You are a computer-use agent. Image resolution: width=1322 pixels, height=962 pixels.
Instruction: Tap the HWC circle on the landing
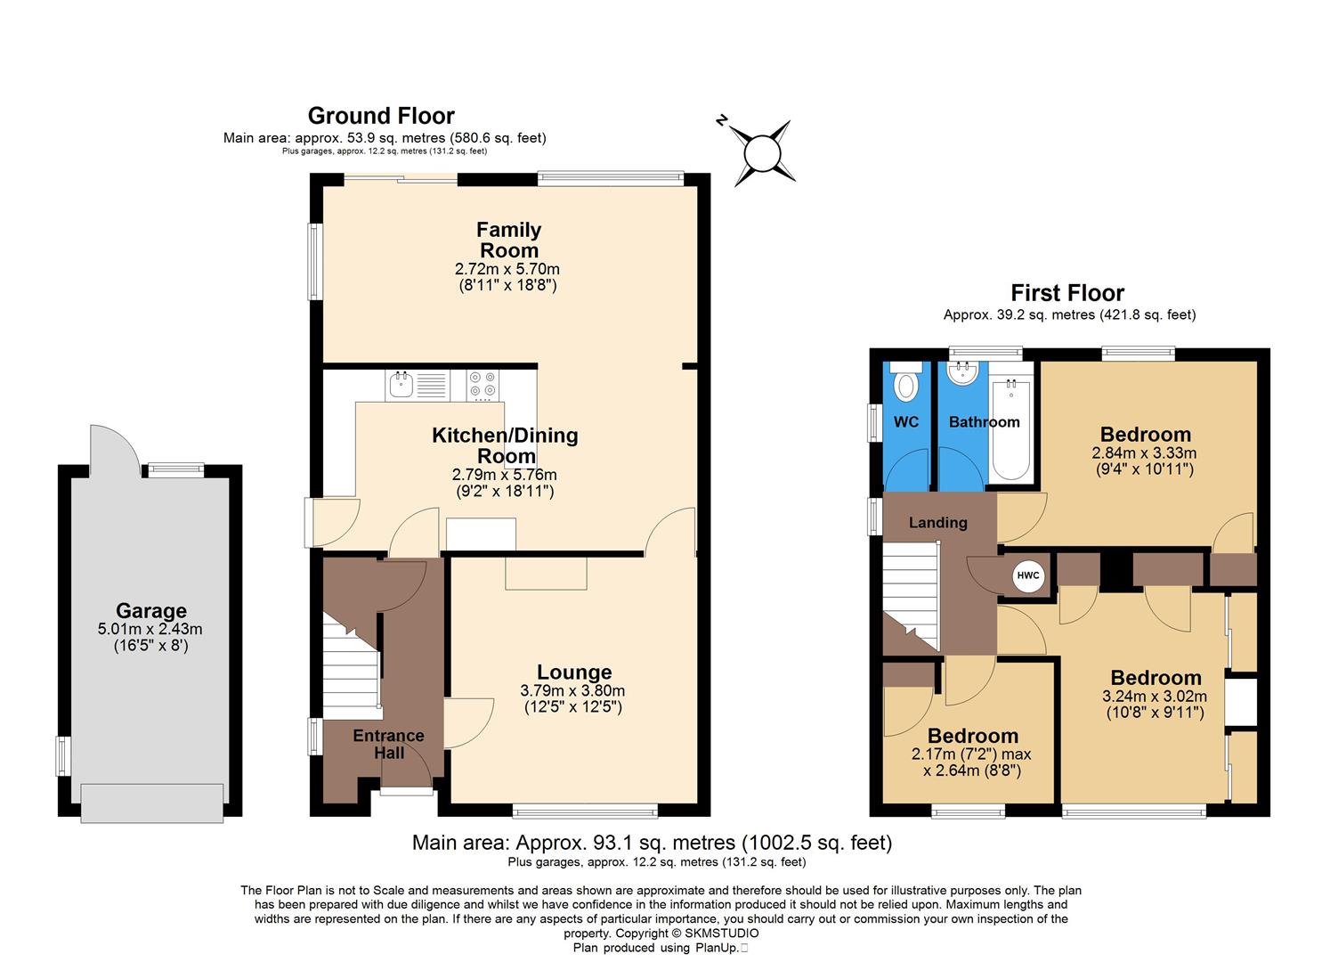click(x=1027, y=575)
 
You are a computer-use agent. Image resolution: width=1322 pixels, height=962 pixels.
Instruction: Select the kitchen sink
click(x=401, y=386)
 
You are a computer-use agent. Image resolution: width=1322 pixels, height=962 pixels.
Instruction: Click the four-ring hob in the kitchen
click(x=483, y=384)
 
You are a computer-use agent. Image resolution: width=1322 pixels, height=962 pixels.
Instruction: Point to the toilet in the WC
click(x=906, y=382)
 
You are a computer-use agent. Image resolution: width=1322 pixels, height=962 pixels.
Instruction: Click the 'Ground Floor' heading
click(x=381, y=116)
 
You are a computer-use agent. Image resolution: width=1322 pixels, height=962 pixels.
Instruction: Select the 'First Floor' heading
click(x=1067, y=293)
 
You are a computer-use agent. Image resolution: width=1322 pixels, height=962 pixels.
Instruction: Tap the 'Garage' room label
click(x=150, y=611)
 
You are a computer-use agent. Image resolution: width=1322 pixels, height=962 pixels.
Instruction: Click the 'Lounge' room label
click(x=574, y=673)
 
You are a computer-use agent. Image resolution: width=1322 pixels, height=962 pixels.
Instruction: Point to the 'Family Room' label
click(x=508, y=240)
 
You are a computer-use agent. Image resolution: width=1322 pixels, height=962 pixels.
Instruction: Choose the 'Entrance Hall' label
click(x=388, y=744)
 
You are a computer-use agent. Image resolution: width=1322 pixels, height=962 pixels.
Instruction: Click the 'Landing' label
click(x=937, y=523)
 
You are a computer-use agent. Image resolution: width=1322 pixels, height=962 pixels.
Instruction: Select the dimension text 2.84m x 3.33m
click(x=1144, y=452)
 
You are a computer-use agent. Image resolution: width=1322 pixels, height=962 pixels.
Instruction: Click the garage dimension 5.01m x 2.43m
click(x=150, y=629)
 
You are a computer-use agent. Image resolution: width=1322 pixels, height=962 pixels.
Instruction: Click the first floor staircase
click(x=911, y=597)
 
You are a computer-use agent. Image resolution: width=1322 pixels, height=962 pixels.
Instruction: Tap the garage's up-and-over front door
click(x=151, y=802)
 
